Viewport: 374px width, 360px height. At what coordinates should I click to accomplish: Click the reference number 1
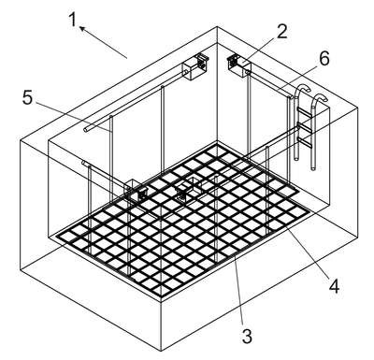(73, 20)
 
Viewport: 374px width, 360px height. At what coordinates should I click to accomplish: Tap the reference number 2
(281, 32)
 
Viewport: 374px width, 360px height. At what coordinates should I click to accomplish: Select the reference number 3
(247, 336)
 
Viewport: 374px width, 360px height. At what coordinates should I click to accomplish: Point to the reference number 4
(334, 286)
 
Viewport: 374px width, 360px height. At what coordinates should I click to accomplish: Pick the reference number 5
(27, 97)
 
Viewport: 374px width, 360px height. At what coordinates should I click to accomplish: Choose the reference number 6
(324, 58)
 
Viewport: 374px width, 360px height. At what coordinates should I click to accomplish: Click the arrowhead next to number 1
(82, 28)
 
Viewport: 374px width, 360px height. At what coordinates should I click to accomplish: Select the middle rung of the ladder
(306, 126)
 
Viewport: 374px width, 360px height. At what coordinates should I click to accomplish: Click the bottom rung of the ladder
(306, 142)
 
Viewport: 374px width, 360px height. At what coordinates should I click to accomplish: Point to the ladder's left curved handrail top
(303, 87)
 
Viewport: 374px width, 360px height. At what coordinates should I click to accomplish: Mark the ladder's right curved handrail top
(320, 96)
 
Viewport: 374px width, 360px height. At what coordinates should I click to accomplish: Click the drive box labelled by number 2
(240, 65)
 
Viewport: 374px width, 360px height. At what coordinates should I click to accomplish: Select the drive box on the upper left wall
(194, 66)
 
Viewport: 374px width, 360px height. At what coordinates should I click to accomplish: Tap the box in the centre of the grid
(189, 189)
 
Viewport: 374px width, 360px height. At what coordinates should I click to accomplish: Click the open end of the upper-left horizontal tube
(85, 130)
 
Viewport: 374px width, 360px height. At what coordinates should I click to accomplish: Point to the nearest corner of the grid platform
(161, 295)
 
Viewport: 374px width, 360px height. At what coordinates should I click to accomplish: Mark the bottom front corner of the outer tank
(161, 352)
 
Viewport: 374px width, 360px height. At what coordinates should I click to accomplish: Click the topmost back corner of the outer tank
(217, 27)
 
